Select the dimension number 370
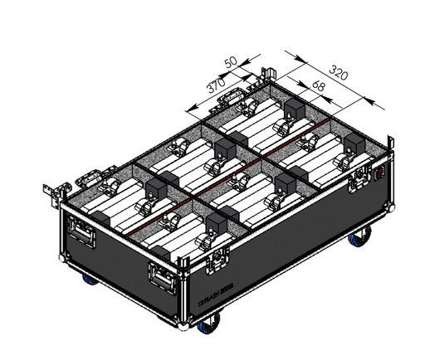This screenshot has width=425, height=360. tap(215, 87)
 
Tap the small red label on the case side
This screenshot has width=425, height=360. tap(382, 174)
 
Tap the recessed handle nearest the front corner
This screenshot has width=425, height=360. tap(163, 274)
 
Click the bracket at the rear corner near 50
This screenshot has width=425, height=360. tap(266, 77)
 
